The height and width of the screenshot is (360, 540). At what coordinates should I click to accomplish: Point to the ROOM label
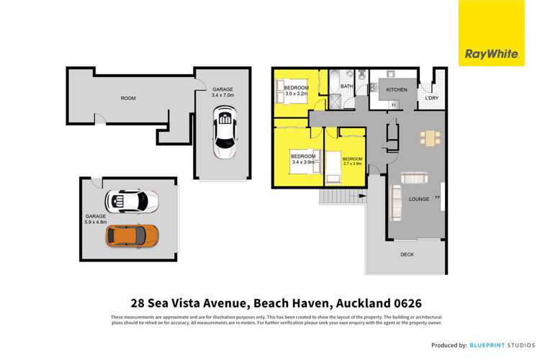coord(128,98)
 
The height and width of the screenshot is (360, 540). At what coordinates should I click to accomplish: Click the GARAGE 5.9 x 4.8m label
coord(96,219)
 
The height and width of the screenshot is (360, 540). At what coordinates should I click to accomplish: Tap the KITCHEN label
coord(397,90)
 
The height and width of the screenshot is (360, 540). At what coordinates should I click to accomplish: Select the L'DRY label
coord(432,98)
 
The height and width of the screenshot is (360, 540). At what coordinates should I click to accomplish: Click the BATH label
coord(346,87)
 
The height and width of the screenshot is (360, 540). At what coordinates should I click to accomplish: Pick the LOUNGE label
coord(419,199)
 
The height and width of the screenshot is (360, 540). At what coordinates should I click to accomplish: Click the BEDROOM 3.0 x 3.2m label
coord(295,90)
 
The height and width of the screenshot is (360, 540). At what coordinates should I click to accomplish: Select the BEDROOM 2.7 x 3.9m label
coord(352,161)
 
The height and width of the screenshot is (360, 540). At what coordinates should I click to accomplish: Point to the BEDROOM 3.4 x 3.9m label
coord(303,159)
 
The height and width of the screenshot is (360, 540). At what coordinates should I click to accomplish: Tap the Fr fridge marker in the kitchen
coord(394,105)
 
